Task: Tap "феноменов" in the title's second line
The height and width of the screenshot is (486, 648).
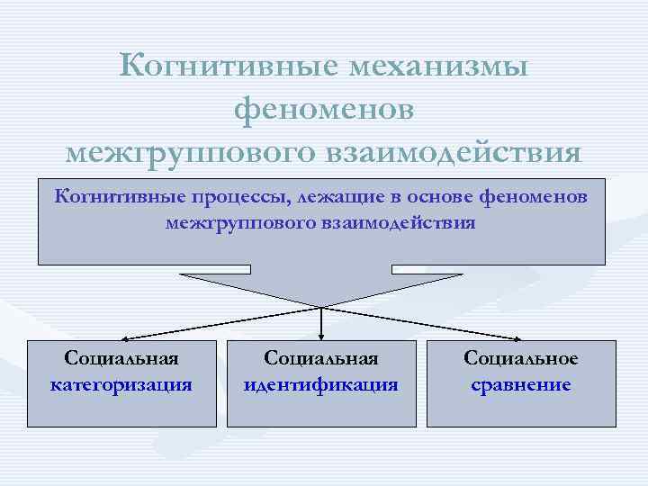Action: point(324,109)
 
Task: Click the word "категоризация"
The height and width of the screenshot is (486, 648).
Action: point(121,385)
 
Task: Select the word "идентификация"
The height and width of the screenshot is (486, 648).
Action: point(321,385)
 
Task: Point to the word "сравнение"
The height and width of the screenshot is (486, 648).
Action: point(521,385)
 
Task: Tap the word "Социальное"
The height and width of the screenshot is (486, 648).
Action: point(521,358)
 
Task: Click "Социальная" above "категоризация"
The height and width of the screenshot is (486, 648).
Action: point(121,358)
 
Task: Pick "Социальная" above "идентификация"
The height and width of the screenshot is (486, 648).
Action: point(321,358)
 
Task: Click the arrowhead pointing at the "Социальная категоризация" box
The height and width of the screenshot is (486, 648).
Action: point(124,338)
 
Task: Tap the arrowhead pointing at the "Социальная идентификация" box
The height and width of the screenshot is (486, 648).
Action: point(321,337)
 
